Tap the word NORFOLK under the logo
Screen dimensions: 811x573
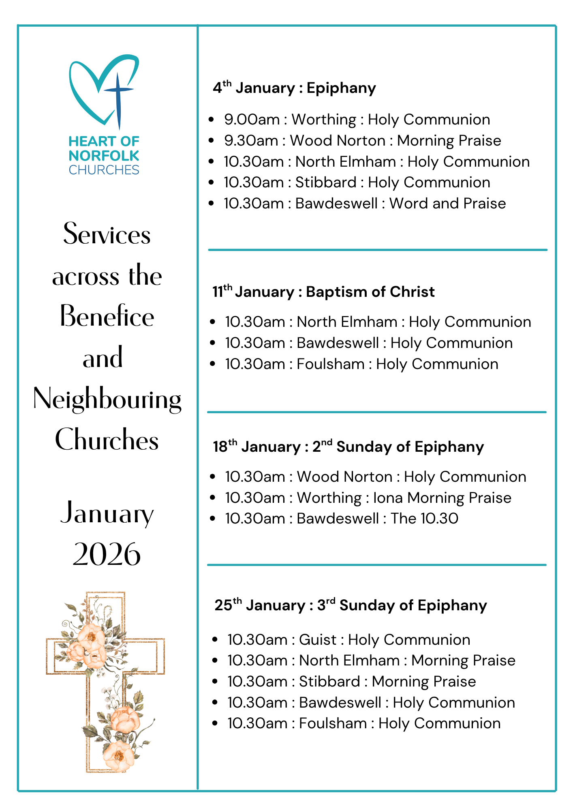point(104,156)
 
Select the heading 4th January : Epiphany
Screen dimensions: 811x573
point(295,88)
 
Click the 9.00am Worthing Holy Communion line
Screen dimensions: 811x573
point(357,120)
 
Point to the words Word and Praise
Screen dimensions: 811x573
point(447,204)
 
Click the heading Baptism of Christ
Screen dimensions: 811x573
point(370,292)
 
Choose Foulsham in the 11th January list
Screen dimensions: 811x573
point(330,364)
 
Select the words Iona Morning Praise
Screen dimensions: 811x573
point(442,498)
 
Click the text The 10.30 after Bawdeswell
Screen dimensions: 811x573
point(424,519)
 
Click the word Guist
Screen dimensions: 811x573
point(317,640)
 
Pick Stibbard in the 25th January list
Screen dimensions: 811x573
point(329,682)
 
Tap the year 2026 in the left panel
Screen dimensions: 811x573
point(107,554)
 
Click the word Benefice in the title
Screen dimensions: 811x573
point(107,317)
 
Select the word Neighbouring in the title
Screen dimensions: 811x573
point(107,399)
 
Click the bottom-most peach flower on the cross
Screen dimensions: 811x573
point(118,755)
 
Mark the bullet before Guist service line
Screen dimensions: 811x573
point(215,640)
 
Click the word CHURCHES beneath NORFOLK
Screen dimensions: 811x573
point(104,170)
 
